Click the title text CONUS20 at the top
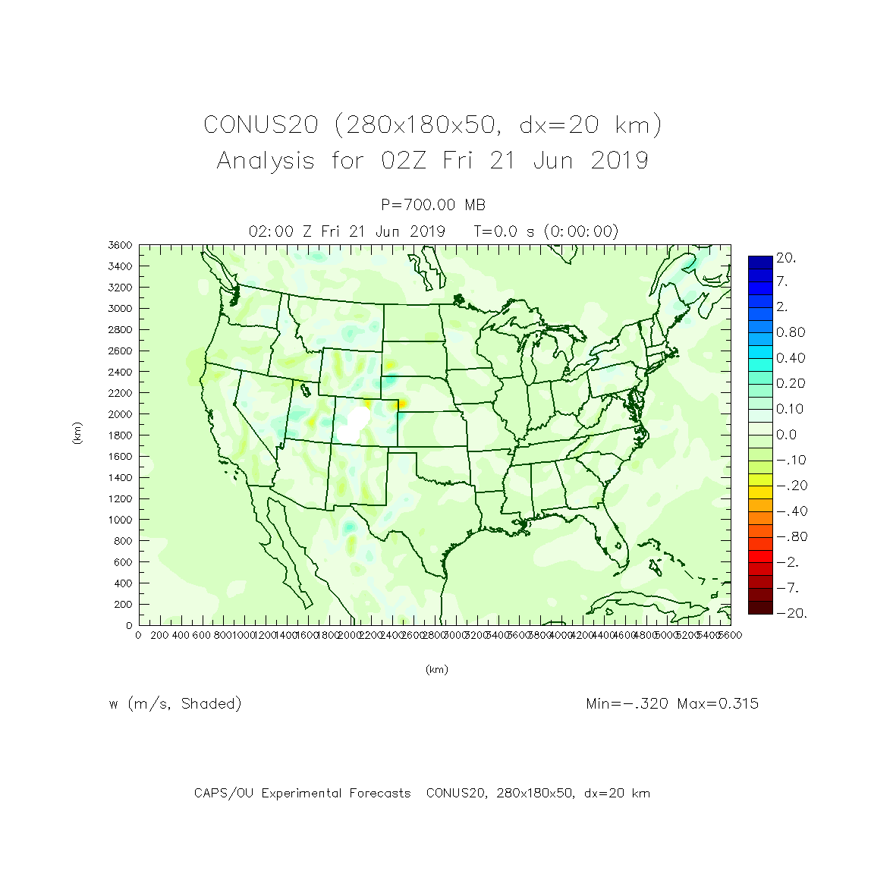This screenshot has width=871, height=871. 260,125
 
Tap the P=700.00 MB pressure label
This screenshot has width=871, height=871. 433,205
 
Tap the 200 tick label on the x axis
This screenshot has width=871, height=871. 159,635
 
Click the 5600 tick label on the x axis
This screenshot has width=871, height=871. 730,635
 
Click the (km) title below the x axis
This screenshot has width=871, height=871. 436,669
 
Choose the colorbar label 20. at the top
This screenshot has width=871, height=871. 786,258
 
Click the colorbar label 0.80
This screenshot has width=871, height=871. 791,332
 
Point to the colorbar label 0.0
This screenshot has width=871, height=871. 787,435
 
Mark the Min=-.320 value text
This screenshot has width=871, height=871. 627,703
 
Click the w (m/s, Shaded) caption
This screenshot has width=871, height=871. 175,703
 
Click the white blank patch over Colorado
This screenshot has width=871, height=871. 354,422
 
